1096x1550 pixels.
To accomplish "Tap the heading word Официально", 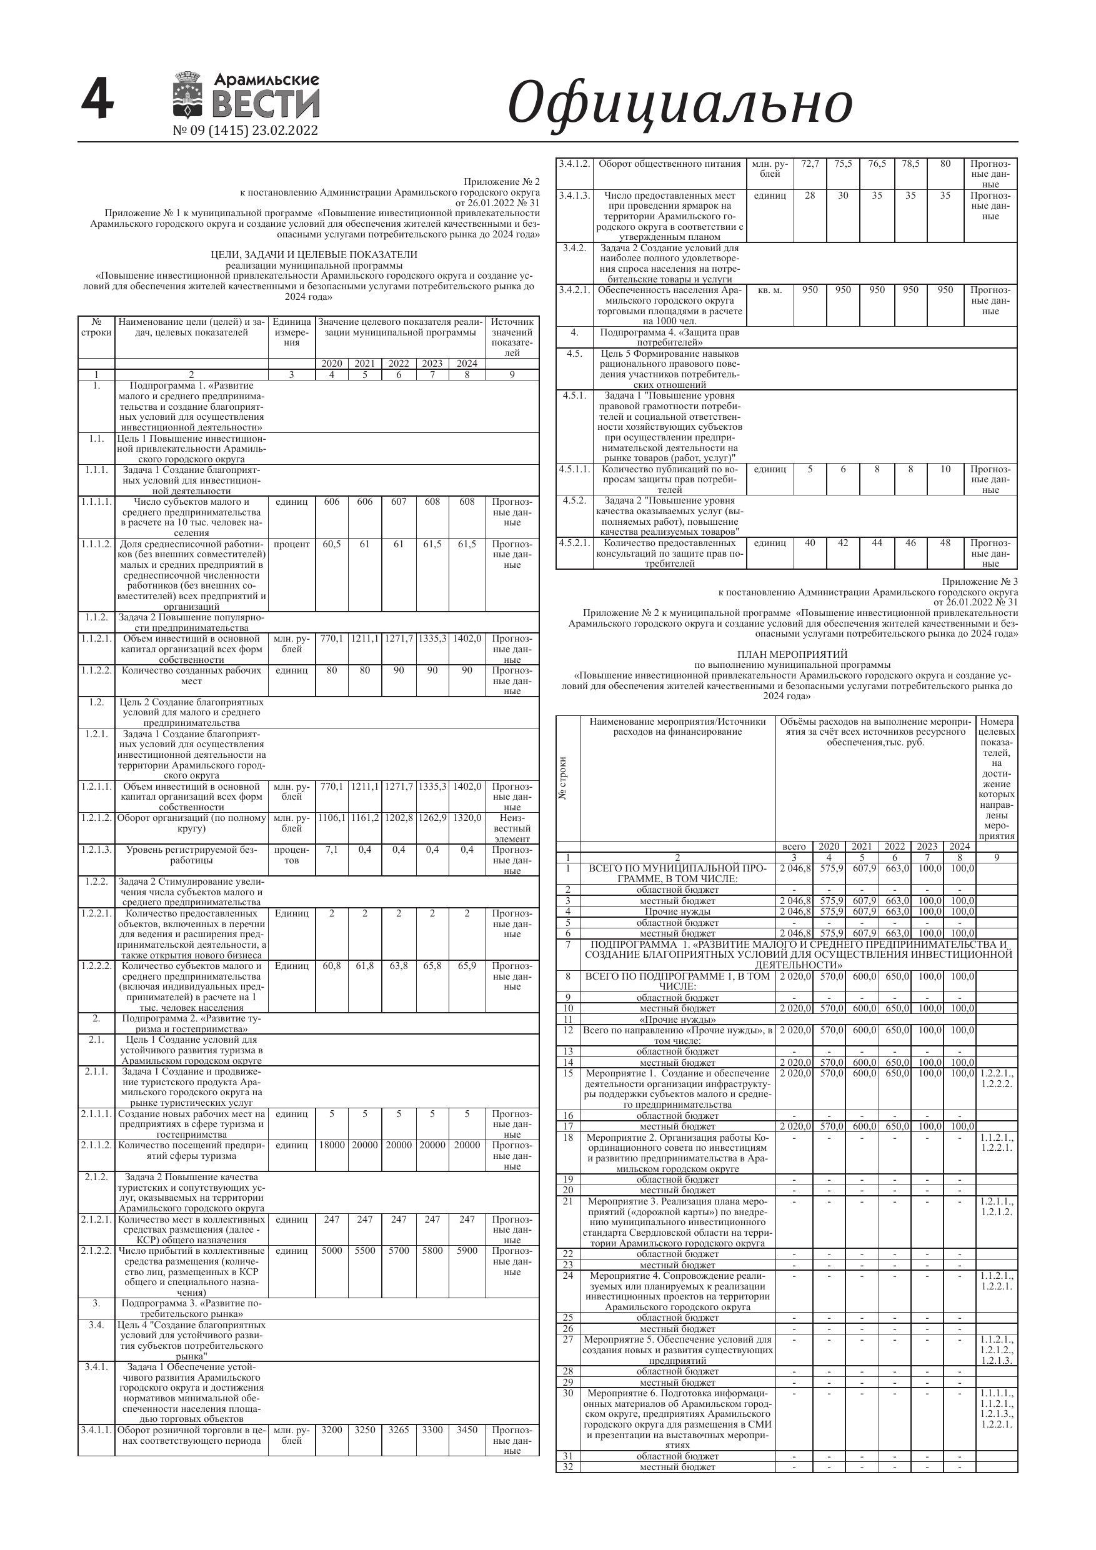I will tap(679, 103).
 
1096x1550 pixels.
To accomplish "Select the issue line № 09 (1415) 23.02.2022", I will tap(245, 131).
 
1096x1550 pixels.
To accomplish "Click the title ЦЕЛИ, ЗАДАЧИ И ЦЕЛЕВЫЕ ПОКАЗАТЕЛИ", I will tap(314, 254).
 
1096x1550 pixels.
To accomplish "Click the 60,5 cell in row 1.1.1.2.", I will tap(332, 544).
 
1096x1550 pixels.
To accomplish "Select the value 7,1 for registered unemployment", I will tap(332, 850).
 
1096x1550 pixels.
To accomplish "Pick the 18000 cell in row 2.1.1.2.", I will tap(332, 1145).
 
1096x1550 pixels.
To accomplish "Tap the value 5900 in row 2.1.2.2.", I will tap(467, 1250).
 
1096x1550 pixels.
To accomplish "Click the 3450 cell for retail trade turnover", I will tap(467, 1430).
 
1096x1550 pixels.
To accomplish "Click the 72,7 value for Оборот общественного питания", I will tap(810, 164).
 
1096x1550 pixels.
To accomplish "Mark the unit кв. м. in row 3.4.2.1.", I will tap(770, 291).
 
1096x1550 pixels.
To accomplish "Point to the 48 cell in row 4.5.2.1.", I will tap(945, 543).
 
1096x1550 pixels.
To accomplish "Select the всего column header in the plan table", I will tap(794, 847).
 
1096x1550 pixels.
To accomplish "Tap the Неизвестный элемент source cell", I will tap(512, 828).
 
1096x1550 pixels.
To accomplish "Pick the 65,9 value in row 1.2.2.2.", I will tap(467, 966).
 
